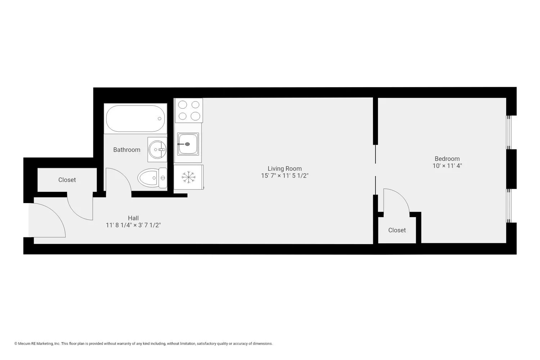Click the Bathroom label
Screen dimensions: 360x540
pos(127,150)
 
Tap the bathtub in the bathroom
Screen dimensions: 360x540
pos(135,118)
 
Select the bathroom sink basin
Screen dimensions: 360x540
pos(157,149)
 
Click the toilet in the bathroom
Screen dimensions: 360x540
pos(152,178)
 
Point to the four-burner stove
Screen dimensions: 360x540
pos(189,111)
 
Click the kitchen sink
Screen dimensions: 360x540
pos(188,144)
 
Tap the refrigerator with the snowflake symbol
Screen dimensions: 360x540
pos(188,177)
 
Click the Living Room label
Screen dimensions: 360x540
pos(284,168)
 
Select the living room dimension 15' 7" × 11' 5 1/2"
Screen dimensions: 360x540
pos(284,176)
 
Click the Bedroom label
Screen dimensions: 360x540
pos(447,159)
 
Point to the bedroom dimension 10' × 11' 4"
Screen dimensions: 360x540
pos(447,166)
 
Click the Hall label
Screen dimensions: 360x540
pos(133,218)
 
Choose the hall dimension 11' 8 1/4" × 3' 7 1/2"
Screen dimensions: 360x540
pos(133,225)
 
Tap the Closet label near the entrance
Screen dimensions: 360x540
pos(67,180)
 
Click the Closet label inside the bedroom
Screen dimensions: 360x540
pos(397,230)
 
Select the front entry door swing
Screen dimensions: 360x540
pos(49,220)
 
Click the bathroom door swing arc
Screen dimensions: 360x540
pos(119,180)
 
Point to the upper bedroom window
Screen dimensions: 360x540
pos(509,132)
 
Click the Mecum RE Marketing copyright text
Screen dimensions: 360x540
pos(143,343)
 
